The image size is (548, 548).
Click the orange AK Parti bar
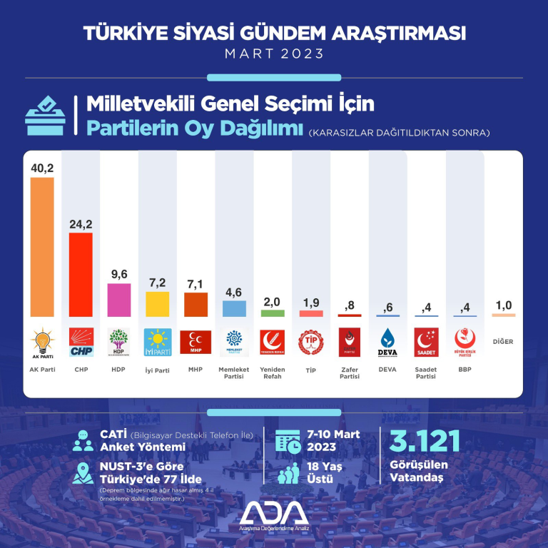coord(42,247)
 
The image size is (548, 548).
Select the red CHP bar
coord(81,275)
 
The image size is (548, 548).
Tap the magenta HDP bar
coord(119,300)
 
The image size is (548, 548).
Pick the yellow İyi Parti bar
coord(157,304)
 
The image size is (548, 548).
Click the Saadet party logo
coord(427,342)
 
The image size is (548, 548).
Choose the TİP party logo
coord(311,342)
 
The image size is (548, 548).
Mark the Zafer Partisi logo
coord(350,342)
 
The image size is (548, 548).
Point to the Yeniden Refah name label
coord(273,372)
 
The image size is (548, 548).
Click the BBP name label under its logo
coord(465,369)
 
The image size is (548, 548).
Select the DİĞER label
coord(503,342)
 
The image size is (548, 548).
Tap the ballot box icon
coord(46,118)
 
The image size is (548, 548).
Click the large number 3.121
coord(425,442)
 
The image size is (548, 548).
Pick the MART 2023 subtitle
coord(274,54)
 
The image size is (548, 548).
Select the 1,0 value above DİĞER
coord(503,305)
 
